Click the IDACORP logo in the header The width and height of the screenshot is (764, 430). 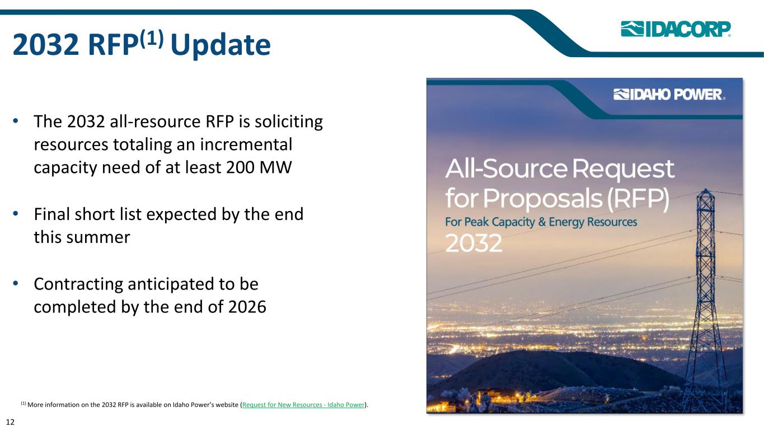pos(676,29)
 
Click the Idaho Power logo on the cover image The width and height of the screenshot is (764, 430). pos(669,95)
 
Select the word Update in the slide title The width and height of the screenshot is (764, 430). pos(221,45)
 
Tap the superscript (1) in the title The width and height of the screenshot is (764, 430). pos(152,38)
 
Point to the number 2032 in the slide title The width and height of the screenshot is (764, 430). pos(46,45)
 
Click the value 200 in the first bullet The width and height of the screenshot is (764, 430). pos(240,167)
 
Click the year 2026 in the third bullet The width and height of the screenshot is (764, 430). pos(247,307)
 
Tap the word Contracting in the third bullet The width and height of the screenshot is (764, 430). pos(78,284)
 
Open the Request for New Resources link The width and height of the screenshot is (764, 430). pos(303,405)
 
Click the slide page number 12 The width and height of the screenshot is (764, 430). pos(10,422)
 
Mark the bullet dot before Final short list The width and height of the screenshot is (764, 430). pos(15,214)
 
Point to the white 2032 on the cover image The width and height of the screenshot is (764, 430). pos(474,243)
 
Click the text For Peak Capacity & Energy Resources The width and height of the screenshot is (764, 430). pos(541,222)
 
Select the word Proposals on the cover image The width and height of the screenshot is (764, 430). pos(542,199)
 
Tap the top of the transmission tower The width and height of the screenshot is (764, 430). pos(705,189)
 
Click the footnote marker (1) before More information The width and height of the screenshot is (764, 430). pos(23,403)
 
